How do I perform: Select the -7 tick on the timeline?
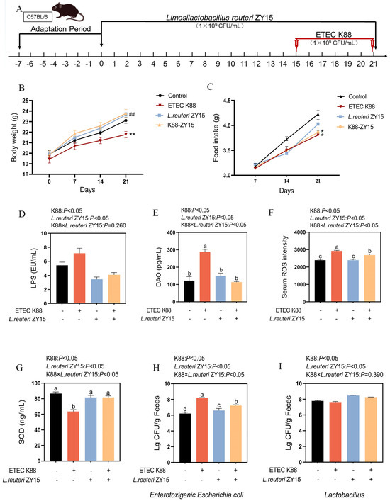(21, 62)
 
